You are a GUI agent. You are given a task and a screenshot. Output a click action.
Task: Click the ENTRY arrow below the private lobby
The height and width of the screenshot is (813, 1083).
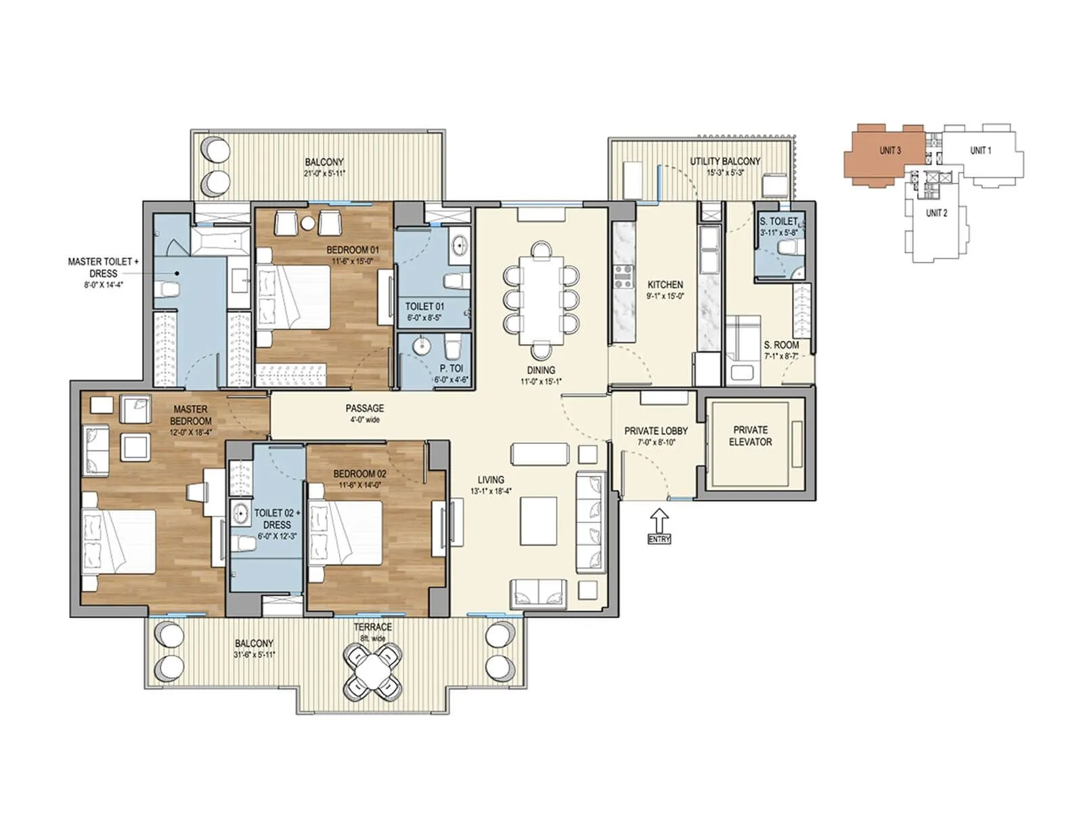point(659,522)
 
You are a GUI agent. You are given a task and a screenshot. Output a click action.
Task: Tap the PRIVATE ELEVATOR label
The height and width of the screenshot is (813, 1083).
point(751,436)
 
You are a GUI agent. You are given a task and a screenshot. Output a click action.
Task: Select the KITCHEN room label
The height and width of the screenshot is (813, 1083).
point(665,285)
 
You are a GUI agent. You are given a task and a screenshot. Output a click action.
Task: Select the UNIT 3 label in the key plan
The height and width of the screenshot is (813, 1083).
point(890,150)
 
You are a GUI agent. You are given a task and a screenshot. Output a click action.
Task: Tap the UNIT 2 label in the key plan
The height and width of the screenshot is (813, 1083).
point(936,213)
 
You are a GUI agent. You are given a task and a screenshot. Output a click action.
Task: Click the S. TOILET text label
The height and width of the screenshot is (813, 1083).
point(778,222)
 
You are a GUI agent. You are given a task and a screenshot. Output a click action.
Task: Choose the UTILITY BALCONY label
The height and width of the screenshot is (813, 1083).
point(724,161)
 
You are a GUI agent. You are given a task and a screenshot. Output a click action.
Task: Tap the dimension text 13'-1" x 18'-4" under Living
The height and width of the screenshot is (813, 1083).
point(490,491)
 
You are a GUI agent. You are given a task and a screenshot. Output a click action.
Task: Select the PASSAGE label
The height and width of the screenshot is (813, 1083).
point(364,409)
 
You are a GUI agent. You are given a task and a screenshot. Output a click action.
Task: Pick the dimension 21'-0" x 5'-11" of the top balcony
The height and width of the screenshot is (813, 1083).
point(324,173)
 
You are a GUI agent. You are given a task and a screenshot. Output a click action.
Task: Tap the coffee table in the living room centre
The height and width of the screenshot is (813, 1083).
point(539,520)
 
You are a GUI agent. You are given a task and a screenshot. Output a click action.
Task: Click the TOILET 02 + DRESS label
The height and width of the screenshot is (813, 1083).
point(276,518)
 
